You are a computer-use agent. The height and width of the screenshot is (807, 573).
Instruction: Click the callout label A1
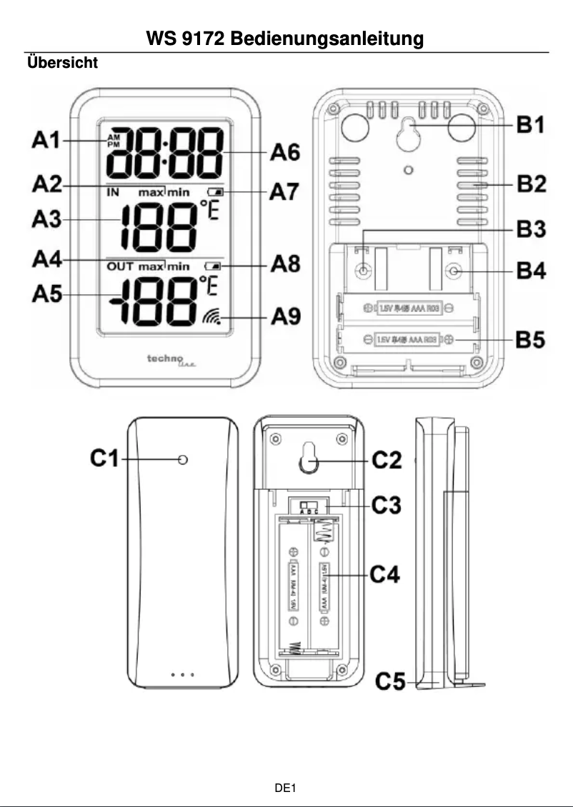click(47, 141)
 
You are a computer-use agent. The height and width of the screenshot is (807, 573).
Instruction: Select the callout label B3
click(531, 231)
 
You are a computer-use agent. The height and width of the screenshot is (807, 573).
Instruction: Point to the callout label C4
click(386, 573)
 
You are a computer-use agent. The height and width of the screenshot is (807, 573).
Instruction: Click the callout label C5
click(392, 683)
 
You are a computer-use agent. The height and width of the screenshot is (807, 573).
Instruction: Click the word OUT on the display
click(121, 266)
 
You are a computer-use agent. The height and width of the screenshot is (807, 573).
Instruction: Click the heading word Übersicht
click(62, 63)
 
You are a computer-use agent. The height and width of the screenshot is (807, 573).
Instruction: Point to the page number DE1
click(286, 788)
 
